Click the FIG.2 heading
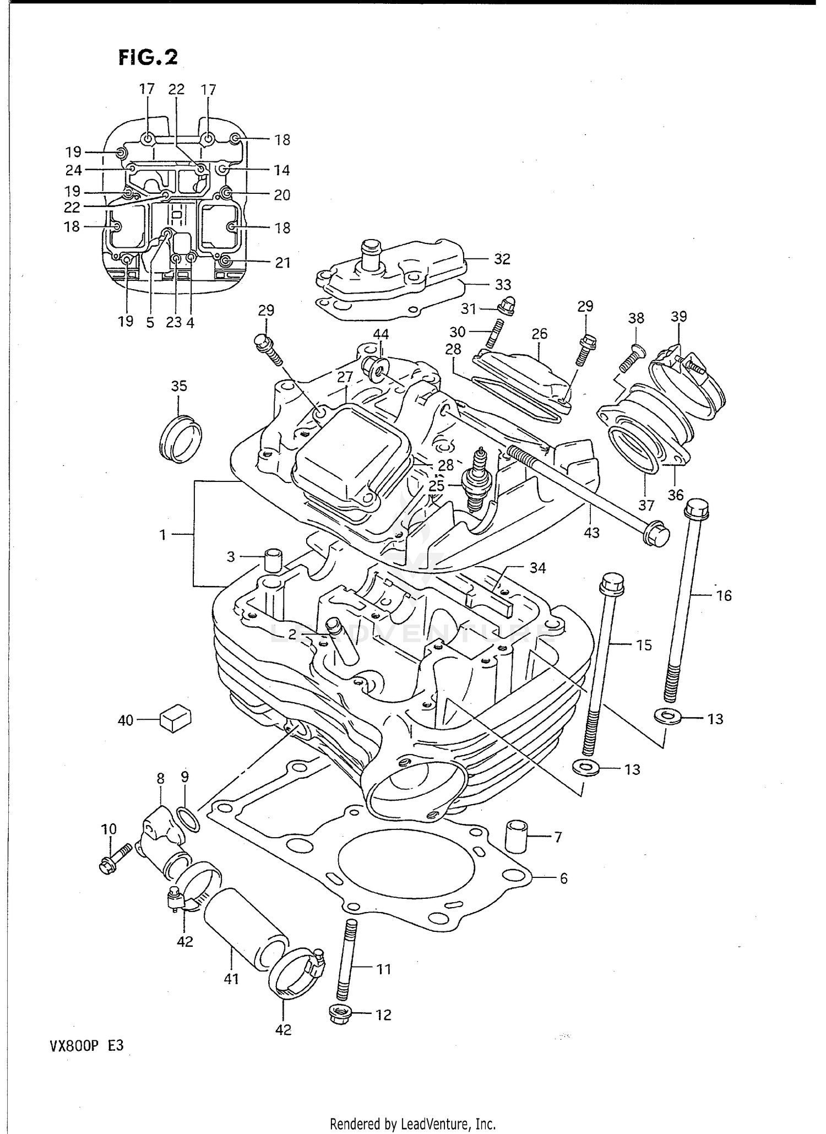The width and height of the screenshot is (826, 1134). (x=148, y=57)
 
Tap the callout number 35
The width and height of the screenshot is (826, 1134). (x=179, y=386)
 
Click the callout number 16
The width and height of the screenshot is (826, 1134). (x=724, y=595)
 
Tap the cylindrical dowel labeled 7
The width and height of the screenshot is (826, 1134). (x=517, y=837)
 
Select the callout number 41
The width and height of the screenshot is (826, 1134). (x=231, y=979)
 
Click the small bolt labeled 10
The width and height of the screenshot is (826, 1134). (x=114, y=860)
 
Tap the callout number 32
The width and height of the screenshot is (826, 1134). (x=502, y=258)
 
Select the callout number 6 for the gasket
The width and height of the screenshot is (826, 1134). (x=563, y=878)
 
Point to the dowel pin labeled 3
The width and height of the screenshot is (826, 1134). (x=273, y=560)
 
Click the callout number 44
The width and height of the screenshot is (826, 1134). (x=381, y=334)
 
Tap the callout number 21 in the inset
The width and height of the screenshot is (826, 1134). (x=282, y=263)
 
